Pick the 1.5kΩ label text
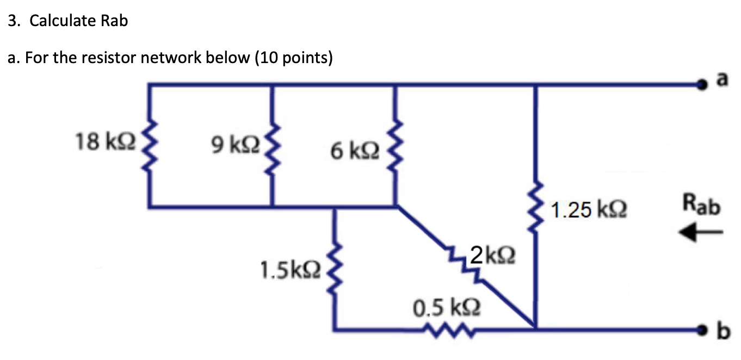pos(291,268)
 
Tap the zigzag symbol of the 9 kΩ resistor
pos(272,146)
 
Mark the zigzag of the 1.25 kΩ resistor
pos(536,209)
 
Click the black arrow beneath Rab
pos(700,233)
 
